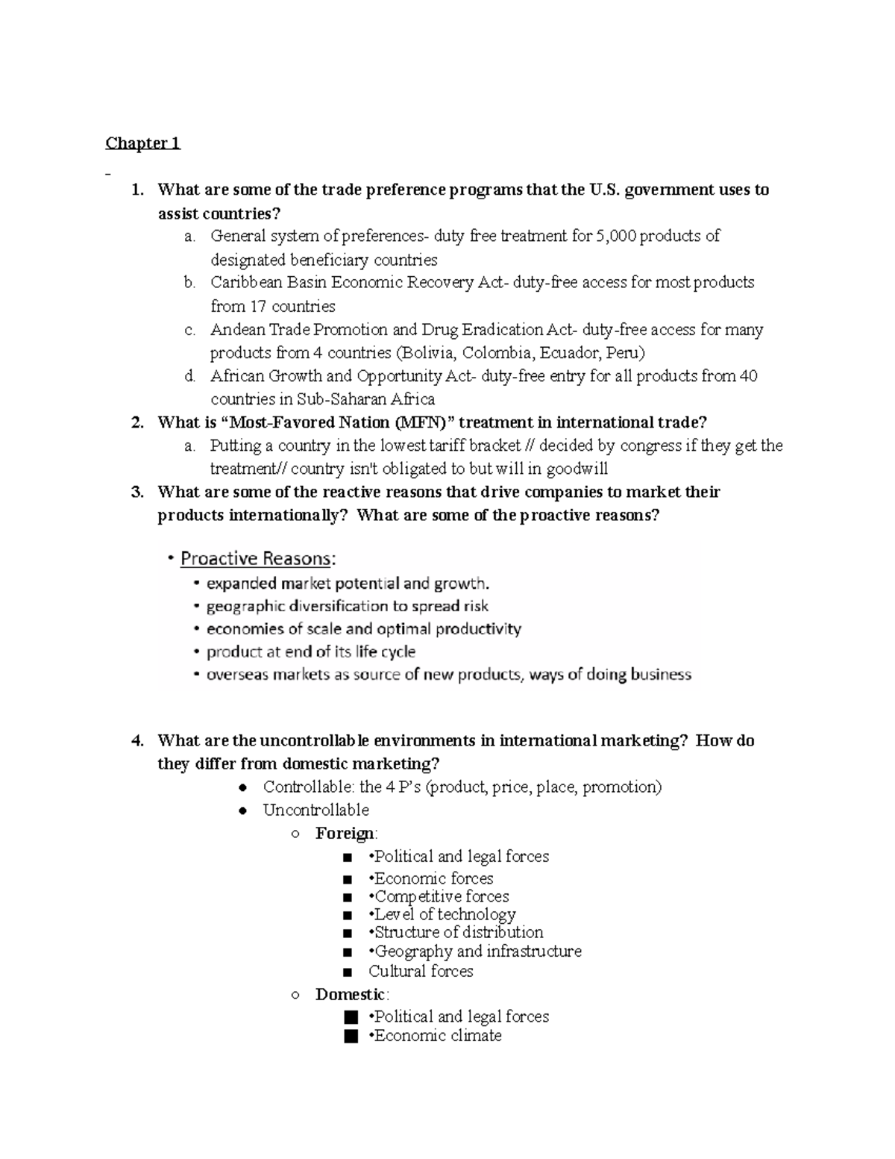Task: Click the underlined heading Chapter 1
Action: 142,143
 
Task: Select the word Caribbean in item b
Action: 246,283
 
